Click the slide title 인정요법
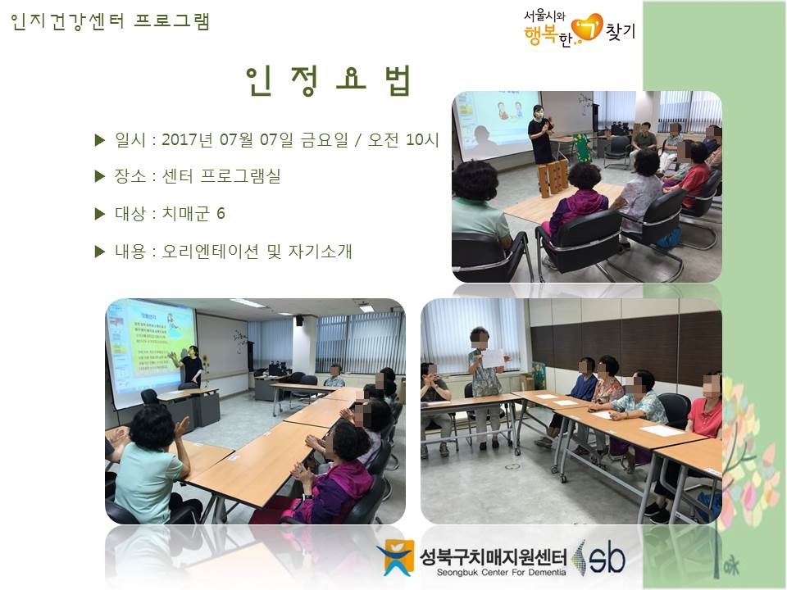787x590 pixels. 329,80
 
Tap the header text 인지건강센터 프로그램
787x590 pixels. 110,21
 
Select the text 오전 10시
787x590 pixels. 403,139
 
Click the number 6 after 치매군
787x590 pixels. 221,214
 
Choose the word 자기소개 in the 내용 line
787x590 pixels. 321,251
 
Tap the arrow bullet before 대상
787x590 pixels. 100,214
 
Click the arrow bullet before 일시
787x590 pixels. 100,140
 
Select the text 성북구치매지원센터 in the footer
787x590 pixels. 494,556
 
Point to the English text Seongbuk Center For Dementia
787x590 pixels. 502,573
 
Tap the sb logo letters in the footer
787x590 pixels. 607,558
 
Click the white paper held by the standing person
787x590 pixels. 493,358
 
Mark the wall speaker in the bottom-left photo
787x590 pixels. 299,320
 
